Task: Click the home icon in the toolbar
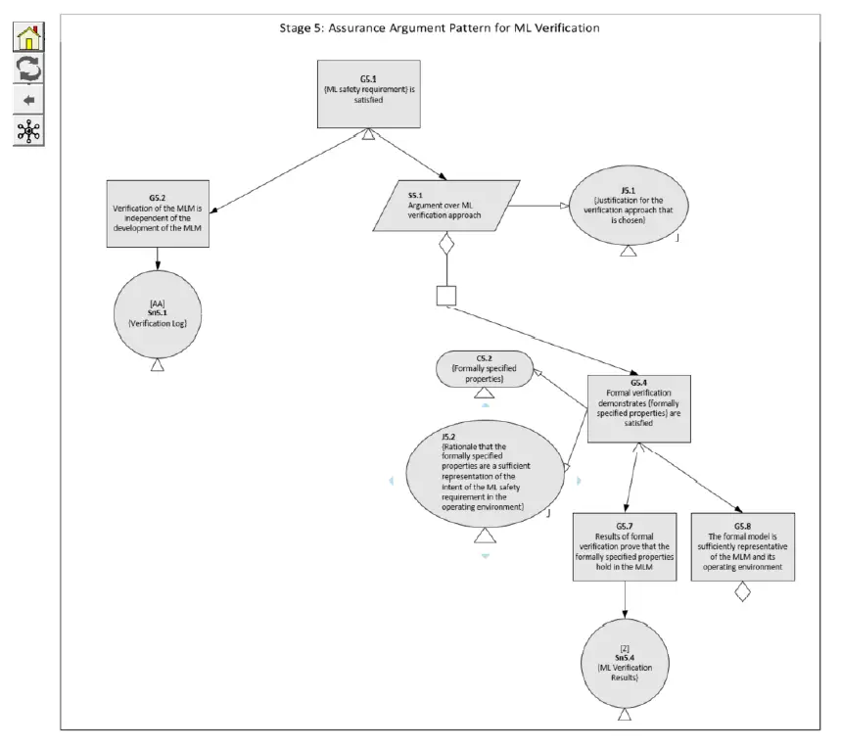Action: click(28, 38)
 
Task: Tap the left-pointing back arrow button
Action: click(28, 101)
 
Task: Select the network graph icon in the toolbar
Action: click(28, 132)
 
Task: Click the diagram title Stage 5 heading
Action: click(440, 28)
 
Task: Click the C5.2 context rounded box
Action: click(485, 369)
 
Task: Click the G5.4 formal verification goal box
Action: click(638, 406)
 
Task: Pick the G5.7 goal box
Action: click(625, 546)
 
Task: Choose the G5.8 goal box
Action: click(742, 546)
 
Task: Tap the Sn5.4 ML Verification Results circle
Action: click(625, 665)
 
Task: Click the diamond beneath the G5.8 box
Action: click(742, 590)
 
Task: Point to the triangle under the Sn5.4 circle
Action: click(625, 716)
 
